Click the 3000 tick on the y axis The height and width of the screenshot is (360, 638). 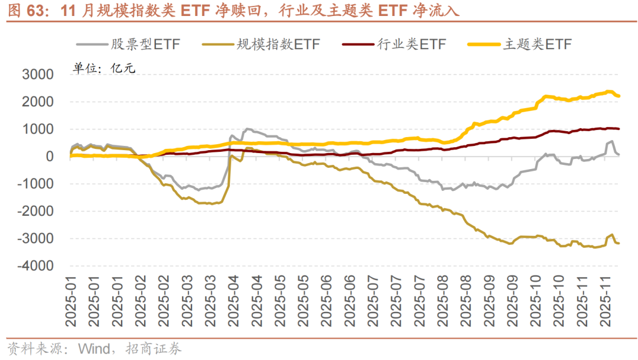(37, 75)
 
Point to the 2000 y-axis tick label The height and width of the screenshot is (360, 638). (37, 102)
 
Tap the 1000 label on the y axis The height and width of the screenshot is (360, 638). (37, 129)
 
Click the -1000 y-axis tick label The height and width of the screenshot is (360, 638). (35, 184)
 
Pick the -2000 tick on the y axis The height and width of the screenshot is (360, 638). (35, 211)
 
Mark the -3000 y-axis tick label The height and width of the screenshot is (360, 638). (35, 239)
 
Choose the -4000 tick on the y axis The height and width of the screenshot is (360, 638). (35, 266)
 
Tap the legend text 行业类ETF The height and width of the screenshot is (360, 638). (411, 44)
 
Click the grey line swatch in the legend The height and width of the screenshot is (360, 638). (91, 44)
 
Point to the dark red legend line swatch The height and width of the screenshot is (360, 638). (357, 44)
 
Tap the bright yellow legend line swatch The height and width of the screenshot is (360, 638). (483, 44)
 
